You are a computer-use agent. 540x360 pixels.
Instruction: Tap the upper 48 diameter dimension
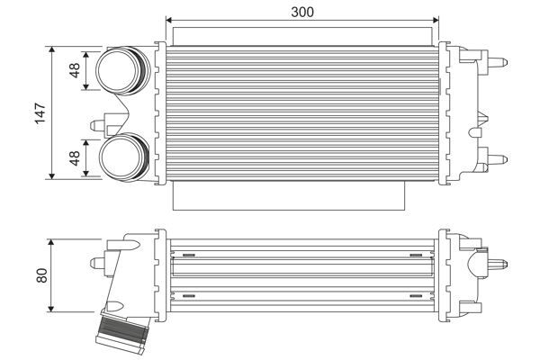tap(76, 68)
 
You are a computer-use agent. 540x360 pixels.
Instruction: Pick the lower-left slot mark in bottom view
tap(189, 294)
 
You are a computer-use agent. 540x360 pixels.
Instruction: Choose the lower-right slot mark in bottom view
tap(417, 294)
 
